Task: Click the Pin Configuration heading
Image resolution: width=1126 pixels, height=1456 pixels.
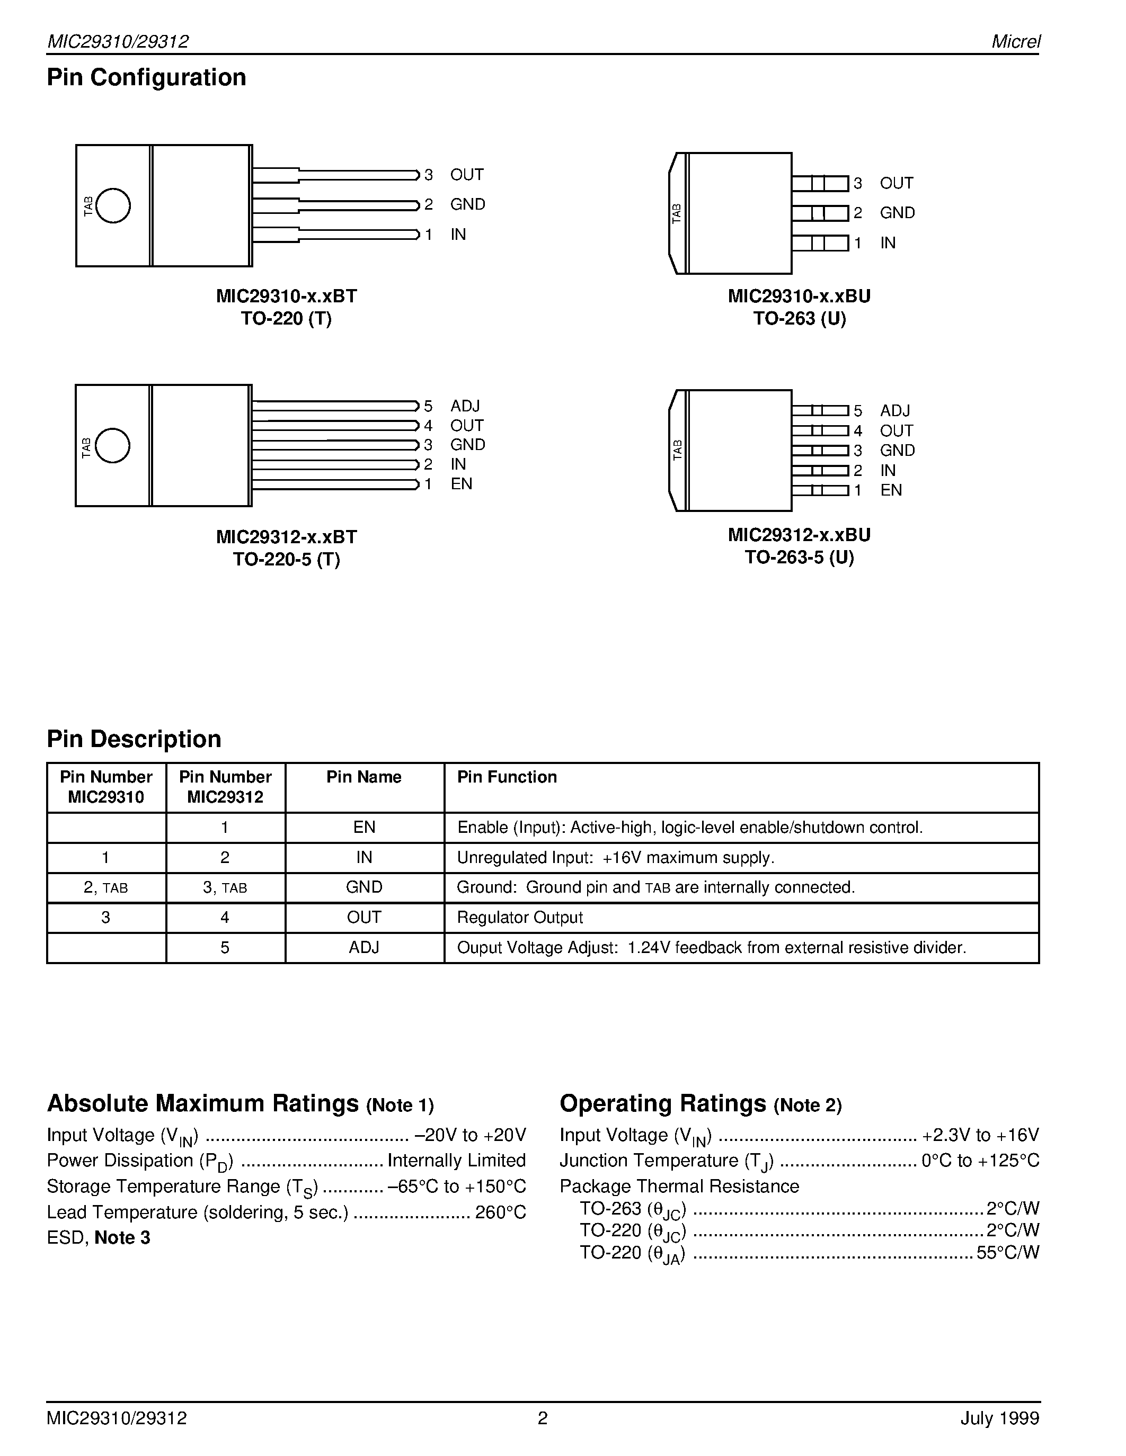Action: coord(146,77)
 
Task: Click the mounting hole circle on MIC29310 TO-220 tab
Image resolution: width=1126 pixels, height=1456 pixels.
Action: coord(113,205)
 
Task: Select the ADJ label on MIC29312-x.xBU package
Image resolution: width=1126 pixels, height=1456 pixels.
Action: coord(894,411)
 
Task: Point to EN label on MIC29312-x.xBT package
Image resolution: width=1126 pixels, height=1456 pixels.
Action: coord(461,484)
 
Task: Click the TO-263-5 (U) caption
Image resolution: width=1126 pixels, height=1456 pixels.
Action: coord(799,558)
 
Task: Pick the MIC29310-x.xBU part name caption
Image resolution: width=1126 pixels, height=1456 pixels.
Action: coord(799,296)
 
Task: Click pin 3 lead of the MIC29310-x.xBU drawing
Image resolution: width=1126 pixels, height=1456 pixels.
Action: coord(820,183)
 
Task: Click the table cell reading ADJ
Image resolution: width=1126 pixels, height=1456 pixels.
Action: coord(363,947)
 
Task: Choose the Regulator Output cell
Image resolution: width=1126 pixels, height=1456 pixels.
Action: coord(520,918)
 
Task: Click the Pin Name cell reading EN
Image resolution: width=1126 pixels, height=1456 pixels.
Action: coord(363,828)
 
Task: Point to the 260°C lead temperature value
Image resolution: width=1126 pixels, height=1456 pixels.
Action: coord(500,1212)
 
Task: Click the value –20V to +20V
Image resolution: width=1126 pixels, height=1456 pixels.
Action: coord(471,1135)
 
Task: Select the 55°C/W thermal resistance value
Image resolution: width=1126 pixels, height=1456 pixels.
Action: coord(1007,1252)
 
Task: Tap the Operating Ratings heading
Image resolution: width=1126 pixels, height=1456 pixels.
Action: coord(662,1103)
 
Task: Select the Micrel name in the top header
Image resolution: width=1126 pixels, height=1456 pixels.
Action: coord(1015,42)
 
